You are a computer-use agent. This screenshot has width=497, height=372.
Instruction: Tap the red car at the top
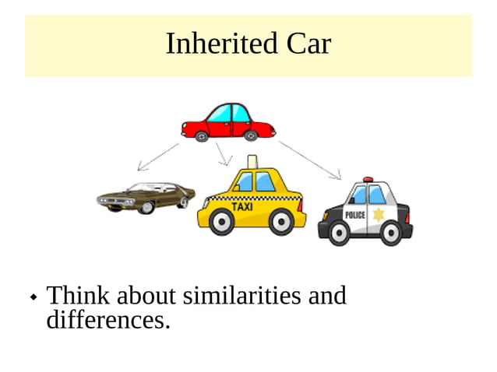click(x=227, y=121)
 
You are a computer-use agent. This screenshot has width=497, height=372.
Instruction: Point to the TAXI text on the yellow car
click(x=243, y=207)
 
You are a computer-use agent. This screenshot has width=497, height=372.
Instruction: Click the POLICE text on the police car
click(x=354, y=215)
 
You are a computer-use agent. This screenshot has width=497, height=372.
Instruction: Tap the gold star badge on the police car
click(x=379, y=214)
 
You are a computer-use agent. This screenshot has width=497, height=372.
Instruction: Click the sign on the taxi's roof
click(x=252, y=162)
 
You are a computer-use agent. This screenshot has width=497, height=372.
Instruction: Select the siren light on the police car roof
click(x=368, y=180)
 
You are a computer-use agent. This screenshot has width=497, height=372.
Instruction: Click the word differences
click(x=108, y=319)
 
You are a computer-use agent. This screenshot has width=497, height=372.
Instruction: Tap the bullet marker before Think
click(x=33, y=298)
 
